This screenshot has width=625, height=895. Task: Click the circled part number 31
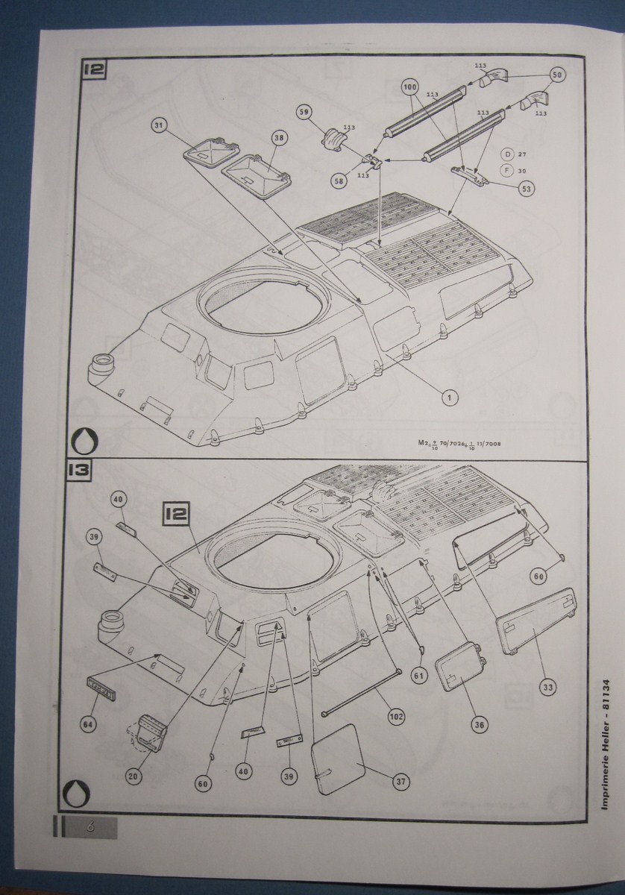click(x=159, y=125)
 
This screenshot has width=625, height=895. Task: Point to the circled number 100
click(x=409, y=87)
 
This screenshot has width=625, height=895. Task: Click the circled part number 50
click(x=557, y=75)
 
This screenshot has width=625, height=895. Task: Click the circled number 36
click(x=477, y=723)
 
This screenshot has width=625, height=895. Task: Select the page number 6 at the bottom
click(x=90, y=826)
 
